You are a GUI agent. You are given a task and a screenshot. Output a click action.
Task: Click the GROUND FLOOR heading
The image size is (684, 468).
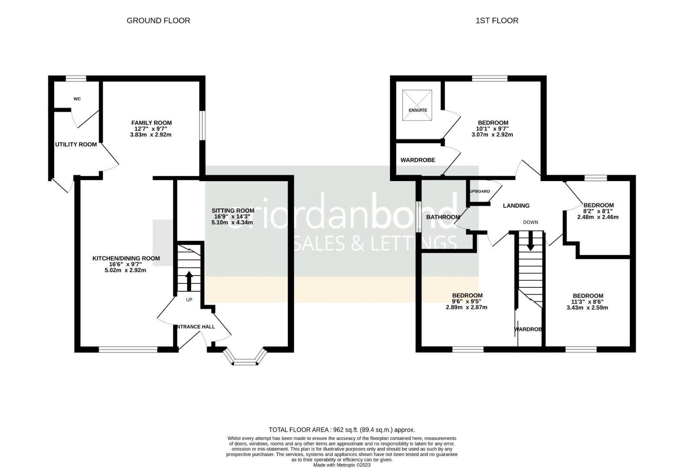tap(158, 20)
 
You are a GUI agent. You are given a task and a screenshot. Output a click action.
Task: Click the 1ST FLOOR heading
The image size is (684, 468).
tap(496, 20)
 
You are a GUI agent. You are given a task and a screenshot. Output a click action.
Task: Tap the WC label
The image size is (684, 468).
tap(77, 99)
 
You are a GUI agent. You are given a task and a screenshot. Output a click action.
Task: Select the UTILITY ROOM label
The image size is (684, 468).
tap(76, 144)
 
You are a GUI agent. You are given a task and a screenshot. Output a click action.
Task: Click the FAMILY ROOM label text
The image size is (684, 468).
tap(151, 123)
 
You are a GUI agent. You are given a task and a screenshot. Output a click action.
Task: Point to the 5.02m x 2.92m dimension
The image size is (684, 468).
tap(125, 270)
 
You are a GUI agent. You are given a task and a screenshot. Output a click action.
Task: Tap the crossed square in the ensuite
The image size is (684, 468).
tap(418, 105)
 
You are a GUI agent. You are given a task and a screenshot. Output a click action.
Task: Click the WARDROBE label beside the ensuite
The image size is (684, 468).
tap(418, 160)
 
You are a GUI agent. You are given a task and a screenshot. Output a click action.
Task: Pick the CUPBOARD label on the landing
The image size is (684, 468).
tap(479, 191)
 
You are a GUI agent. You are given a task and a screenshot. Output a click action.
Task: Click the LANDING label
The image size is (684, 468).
tap(516, 205)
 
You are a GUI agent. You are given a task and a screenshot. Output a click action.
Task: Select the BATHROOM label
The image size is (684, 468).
tap(443, 217)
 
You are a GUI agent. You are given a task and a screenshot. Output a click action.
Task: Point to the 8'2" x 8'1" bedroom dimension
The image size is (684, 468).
tap(598, 211)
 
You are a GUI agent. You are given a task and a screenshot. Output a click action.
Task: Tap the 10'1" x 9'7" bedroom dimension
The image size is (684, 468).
tap(493, 129)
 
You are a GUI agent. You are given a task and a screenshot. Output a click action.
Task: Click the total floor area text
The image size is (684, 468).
tap(341, 430)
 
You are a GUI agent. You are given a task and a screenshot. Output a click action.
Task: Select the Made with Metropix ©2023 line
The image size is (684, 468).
tap(342, 465)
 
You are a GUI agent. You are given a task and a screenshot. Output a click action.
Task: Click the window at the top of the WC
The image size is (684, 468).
tap(76, 78)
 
